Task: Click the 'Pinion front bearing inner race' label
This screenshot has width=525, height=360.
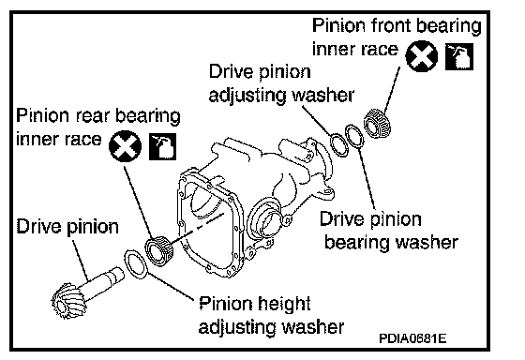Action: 397,37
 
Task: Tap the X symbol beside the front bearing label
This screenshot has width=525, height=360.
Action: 421,56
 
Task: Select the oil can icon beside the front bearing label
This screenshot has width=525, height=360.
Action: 459,56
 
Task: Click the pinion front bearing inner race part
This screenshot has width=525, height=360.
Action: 377,123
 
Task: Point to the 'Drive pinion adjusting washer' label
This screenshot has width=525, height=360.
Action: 281,83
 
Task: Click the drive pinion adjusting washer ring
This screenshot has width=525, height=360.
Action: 339,145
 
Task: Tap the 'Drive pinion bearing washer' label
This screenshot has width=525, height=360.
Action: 389,231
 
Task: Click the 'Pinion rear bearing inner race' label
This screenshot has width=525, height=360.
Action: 98,127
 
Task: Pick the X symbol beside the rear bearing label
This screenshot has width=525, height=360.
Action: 126,146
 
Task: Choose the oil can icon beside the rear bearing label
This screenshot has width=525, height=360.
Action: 162,146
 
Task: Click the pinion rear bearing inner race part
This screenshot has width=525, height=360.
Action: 159,251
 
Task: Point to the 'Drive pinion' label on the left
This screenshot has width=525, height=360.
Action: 67,226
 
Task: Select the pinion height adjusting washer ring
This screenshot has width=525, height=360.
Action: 136,263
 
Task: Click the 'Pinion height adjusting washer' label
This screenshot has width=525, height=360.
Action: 271,315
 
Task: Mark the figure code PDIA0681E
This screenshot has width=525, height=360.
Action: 412,338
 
